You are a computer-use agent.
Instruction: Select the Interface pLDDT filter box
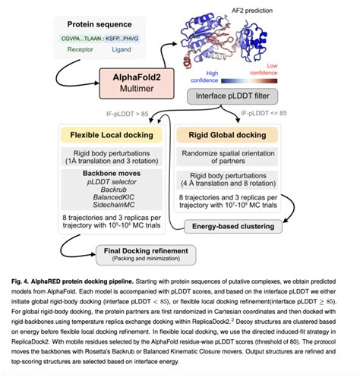click(231, 97)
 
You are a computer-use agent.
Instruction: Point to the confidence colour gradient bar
click(258, 77)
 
